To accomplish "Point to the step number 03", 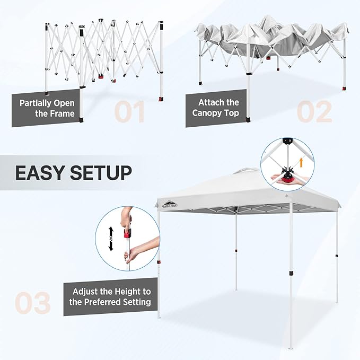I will [33, 303].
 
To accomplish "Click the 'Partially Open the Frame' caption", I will [47, 108].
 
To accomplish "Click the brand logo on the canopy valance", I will [168, 204].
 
